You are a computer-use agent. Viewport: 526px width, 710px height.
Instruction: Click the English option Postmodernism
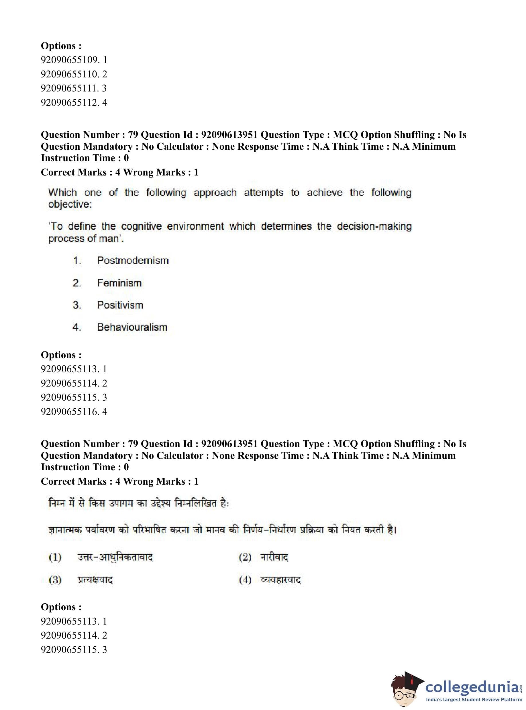[133, 260]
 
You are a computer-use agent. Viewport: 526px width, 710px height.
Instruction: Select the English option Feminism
[119, 283]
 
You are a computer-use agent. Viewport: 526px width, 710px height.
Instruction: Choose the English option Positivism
[120, 305]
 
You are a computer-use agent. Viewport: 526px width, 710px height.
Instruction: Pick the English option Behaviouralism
[132, 327]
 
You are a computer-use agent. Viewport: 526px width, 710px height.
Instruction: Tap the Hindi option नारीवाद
[274, 557]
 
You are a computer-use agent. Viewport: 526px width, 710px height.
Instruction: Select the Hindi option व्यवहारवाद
[280, 580]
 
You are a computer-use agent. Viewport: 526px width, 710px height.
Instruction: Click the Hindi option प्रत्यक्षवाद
[95, 580]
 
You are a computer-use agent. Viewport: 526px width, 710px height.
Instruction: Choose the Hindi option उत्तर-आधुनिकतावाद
[115, 557]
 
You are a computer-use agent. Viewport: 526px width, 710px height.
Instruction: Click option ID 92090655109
[74, 60]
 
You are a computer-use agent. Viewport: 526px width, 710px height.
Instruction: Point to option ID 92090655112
[74, 103]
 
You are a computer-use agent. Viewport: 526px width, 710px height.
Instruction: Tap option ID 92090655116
[74, 412]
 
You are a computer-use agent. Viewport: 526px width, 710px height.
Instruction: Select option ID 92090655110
[74, 74]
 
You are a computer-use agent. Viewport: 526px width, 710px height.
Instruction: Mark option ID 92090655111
[74, 88]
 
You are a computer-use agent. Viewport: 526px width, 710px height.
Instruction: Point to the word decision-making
[374, 226]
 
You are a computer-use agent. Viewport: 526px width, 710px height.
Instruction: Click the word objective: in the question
[70, 204]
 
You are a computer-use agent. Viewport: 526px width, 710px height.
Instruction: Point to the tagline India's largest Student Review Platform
[474, 699]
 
